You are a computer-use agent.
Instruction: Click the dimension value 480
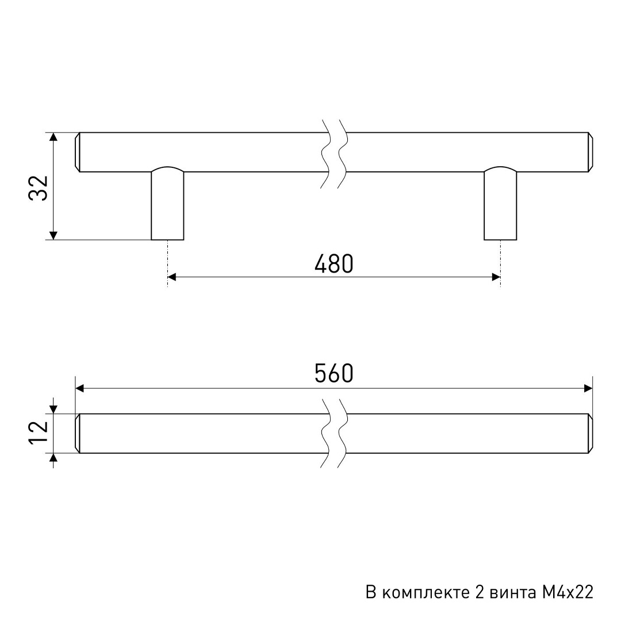click(334, 264)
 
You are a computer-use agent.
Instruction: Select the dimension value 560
click(334, 373)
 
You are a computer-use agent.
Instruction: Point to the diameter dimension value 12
click(39, 433)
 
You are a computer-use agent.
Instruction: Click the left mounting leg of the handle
click(167, 204)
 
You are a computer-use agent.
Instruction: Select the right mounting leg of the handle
click(500, 204)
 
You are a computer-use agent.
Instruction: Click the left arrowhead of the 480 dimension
click(172, 277)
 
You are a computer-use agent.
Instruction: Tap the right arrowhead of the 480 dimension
click(496, 277)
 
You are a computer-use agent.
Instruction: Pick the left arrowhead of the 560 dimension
click(79, 388)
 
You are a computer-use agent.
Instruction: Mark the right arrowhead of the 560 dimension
click(588, 388)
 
